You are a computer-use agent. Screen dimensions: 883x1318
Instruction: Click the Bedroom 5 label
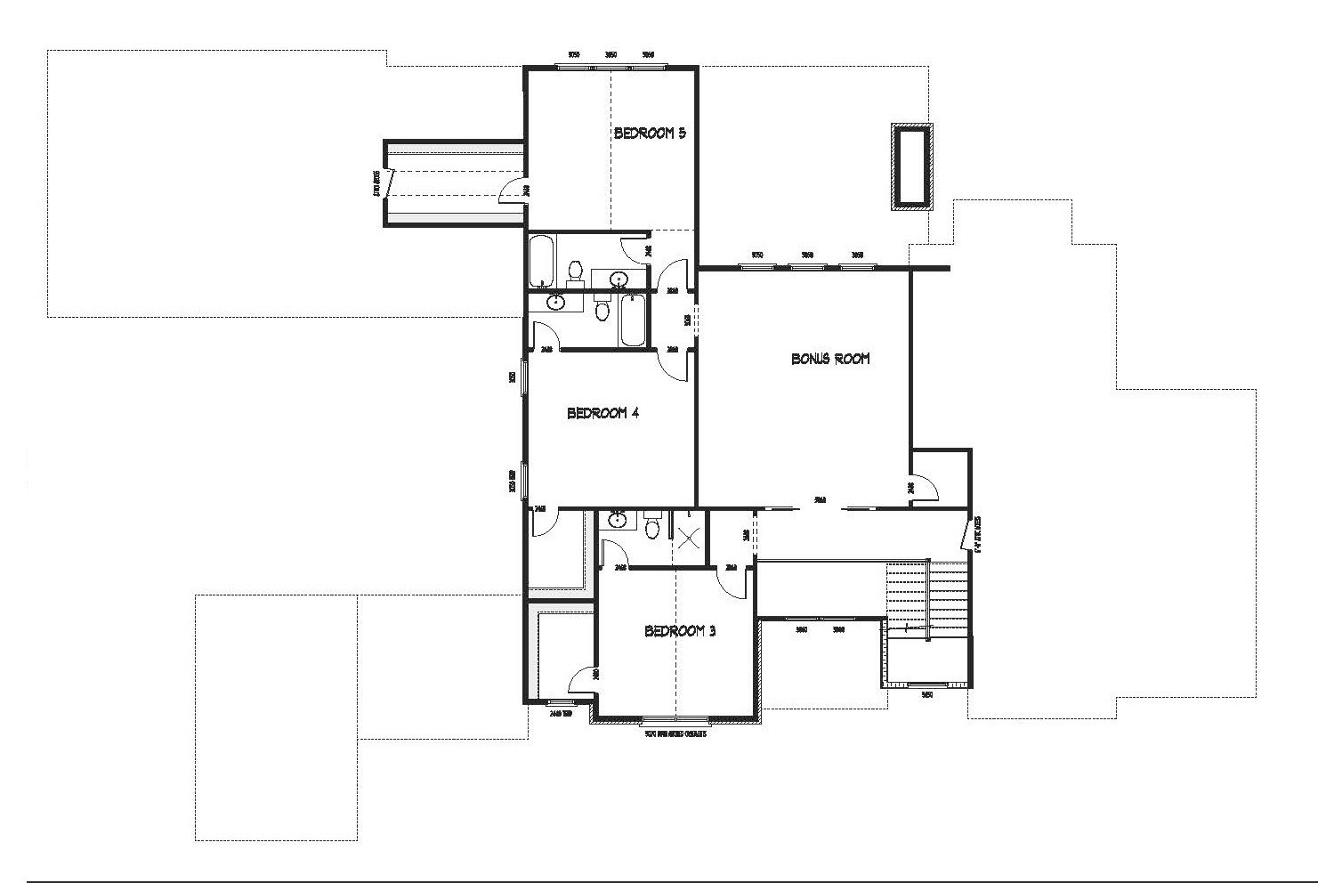click(x=650, y=134)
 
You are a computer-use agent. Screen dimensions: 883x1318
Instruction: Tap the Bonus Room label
click(x=830, y=359)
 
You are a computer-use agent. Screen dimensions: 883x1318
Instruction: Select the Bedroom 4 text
click(x=602, y=413)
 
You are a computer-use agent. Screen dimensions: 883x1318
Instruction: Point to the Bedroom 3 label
click(x=680, y=631)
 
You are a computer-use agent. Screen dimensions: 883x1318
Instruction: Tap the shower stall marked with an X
click(x=688, y=537)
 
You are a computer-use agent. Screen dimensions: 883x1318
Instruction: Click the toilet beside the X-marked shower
click(x=653, y=529)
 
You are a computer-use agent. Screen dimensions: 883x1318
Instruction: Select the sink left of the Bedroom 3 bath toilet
click(x=616, y=520)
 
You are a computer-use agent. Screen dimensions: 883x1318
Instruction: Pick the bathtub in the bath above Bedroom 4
click(x=633, y=320)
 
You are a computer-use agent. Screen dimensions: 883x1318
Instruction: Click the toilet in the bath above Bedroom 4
click(x=602, y=311)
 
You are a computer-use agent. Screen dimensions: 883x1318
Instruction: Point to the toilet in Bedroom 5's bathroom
click(x=575, y=269)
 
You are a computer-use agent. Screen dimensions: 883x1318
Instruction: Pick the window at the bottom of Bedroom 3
click(x=675, y=719)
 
